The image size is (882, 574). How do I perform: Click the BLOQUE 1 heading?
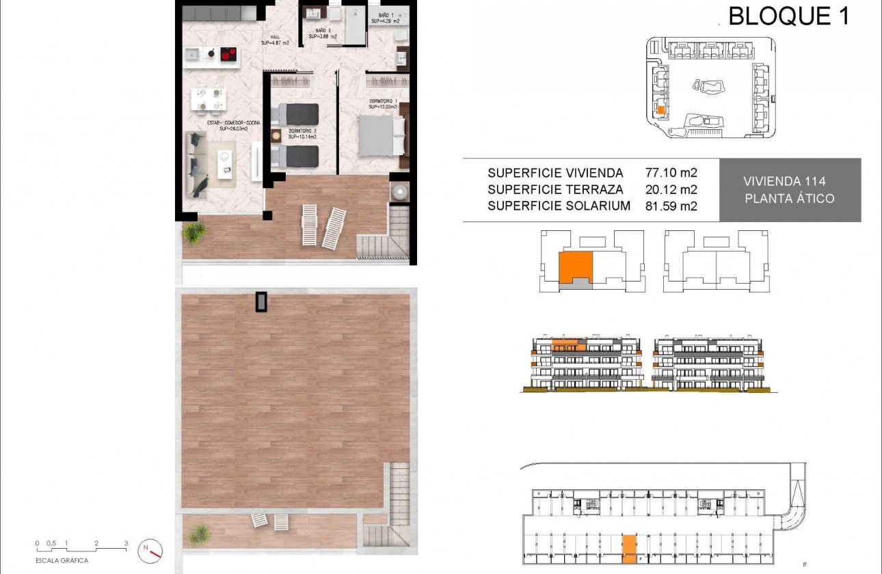[789, 16]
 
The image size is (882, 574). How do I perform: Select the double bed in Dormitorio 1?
[380, 134]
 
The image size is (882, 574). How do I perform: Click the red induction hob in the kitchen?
[228, 55]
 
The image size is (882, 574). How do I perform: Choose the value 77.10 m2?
[671, 173]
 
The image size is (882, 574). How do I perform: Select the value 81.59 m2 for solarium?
[671, 206]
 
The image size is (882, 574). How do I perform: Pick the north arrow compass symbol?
[151, 548]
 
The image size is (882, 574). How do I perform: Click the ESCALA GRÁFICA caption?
[62, 560]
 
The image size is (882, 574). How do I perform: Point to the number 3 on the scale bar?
[126, 543]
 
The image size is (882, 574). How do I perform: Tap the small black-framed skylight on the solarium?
[261, 301]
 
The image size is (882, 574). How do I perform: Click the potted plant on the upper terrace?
[194, 232]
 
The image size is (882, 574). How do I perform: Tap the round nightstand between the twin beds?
[276, 135]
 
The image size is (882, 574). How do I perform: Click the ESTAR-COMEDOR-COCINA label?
[222, 124]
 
